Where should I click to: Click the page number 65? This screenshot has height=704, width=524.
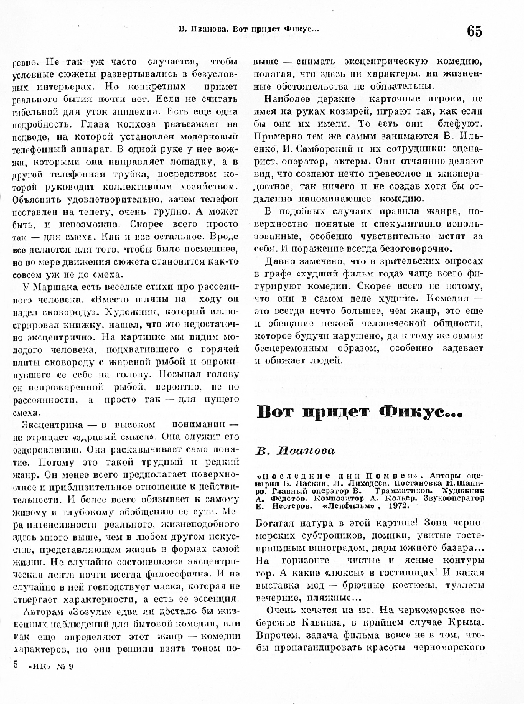click(475, 31)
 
